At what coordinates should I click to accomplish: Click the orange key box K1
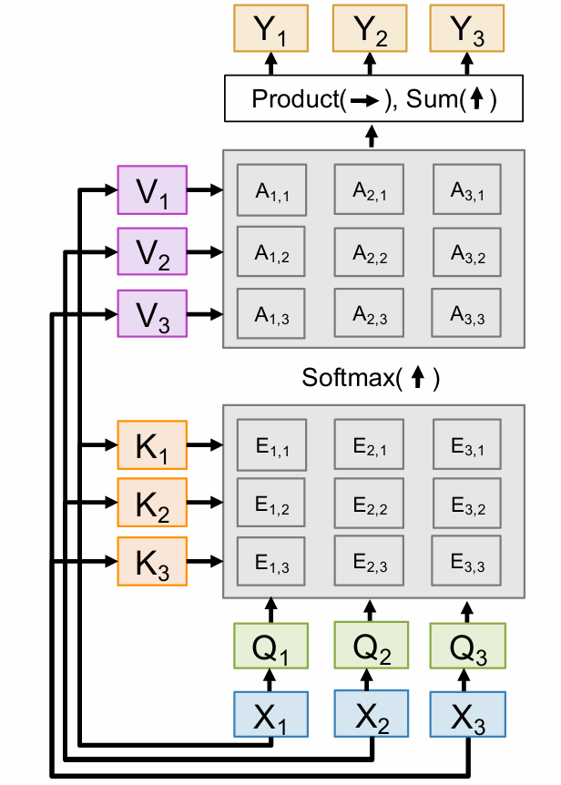[152, 445]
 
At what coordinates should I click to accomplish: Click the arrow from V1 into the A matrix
[205, 190]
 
